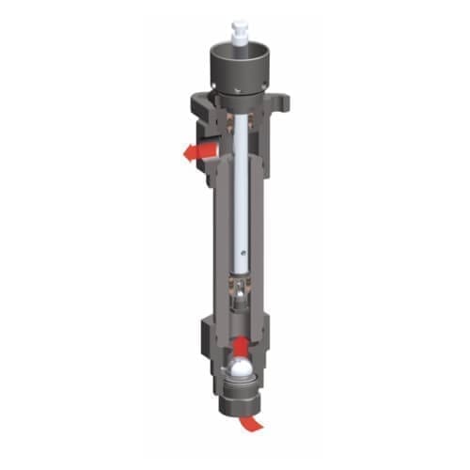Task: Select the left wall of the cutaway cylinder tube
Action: pos(215,235)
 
